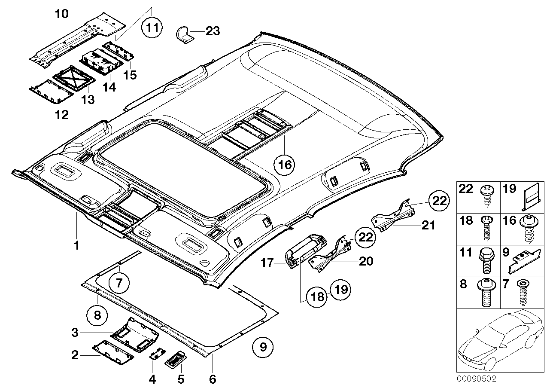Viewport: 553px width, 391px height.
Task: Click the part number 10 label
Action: pos(61,14)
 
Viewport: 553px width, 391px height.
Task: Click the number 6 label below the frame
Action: pos(213,379)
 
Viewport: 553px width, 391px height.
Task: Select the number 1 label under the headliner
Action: pos(76,246)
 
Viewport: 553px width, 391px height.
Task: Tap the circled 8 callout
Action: pos(97,315)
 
